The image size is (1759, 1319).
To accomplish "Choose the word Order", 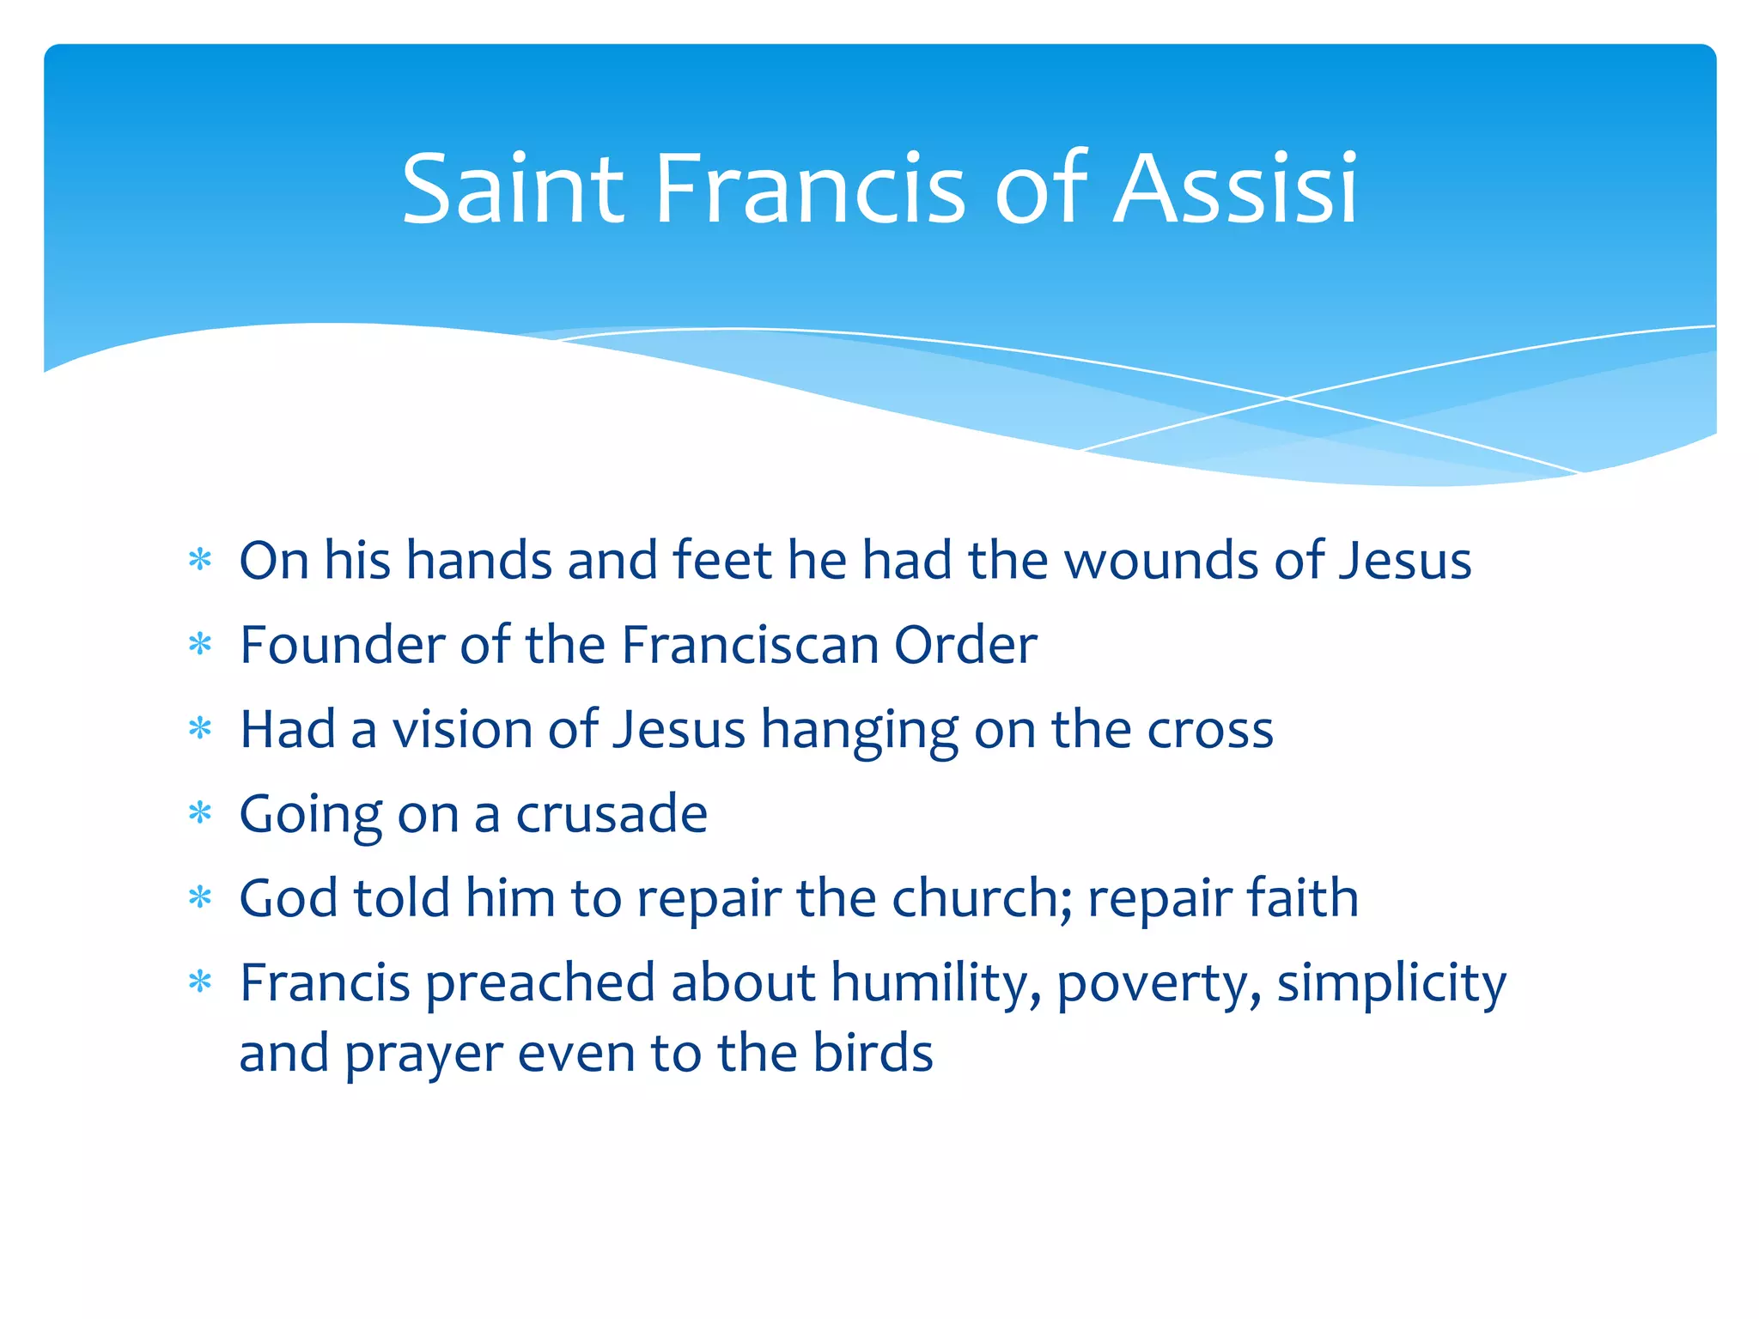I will point(965,645).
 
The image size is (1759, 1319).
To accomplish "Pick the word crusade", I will point(612,814).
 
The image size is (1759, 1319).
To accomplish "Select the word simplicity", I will point(1391,983).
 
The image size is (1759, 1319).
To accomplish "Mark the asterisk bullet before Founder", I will point(200,645).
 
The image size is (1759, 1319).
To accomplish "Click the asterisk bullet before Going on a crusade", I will point(200,813).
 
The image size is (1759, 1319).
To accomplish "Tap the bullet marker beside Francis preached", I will point(200,982).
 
